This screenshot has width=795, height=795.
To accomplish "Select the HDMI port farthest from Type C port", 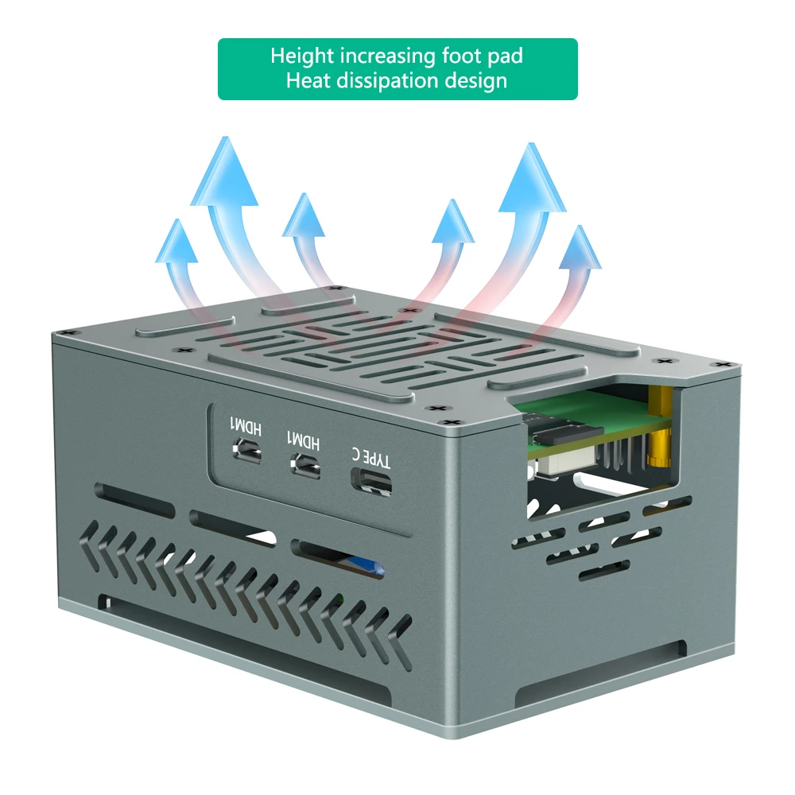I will [x=249, y=450].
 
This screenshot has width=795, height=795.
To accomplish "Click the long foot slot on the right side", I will [x=600, y=673].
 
